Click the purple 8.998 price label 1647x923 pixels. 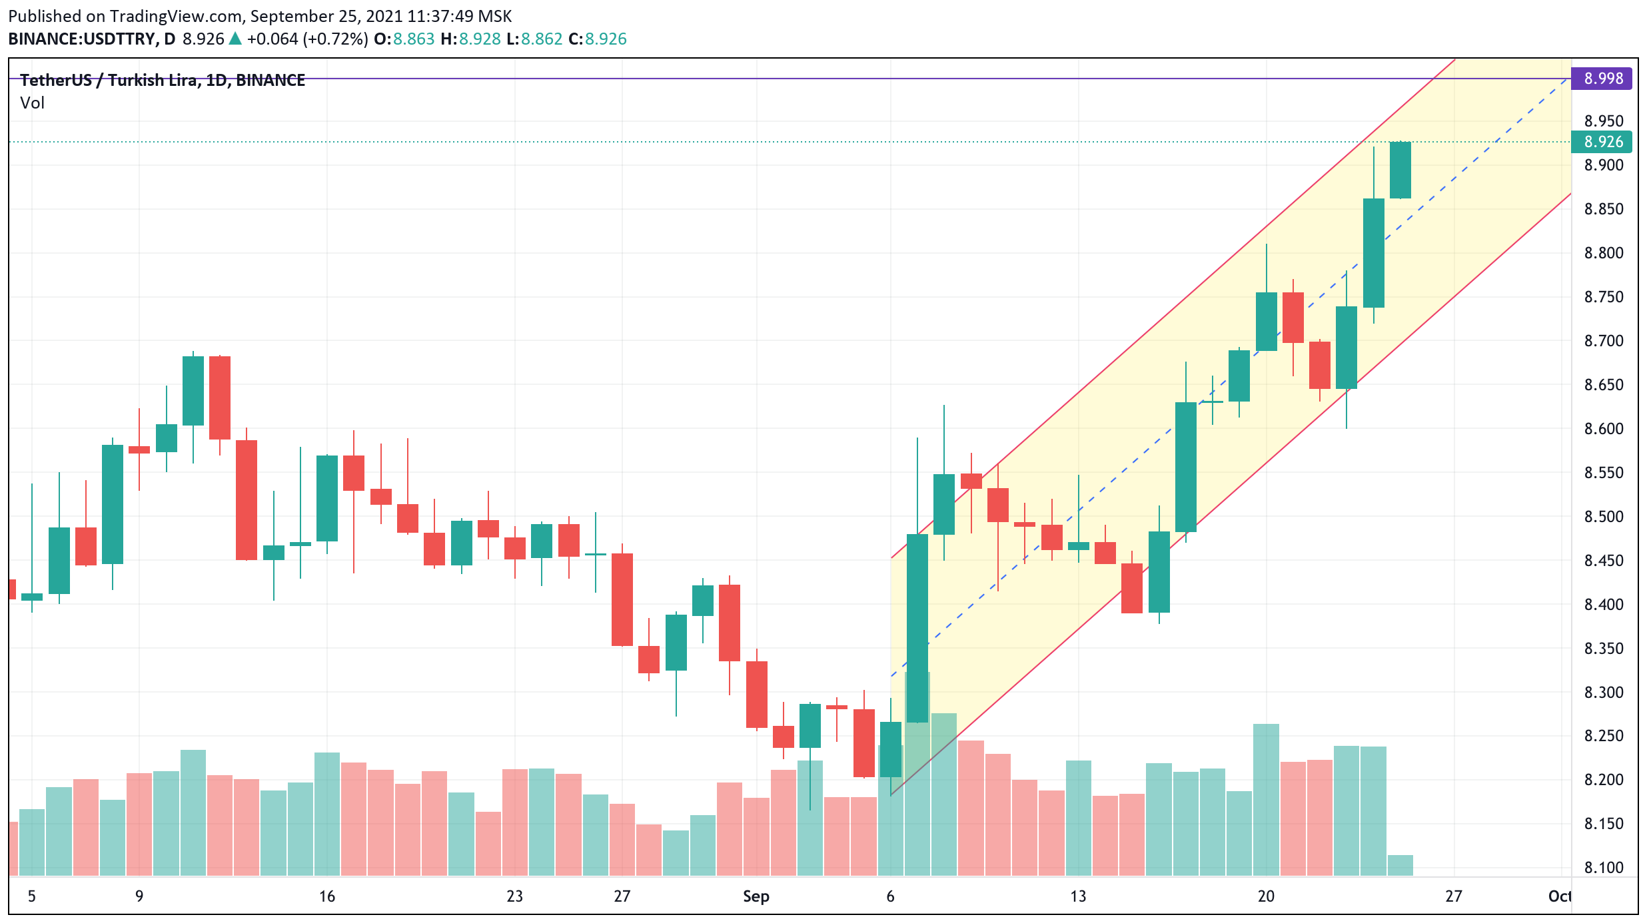pos(1602,79)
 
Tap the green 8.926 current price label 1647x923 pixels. pos(1602,142)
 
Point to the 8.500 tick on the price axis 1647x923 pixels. pos(1604,517)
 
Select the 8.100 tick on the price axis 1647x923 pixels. pos(1604,868)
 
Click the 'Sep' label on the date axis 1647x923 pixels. pos(756,896)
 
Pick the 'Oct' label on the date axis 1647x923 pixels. pos(1559,896)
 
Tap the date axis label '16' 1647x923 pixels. pos(326,896)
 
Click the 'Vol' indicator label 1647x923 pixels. pos(32,103)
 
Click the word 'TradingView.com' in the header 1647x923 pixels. pos(176,16)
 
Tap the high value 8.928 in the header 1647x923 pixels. pos(480,39)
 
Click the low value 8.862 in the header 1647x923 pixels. pos(542,39)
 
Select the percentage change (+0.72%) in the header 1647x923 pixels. pos(335,39)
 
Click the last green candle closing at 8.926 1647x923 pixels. pos(1400,170)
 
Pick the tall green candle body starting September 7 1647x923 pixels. pos(917,628)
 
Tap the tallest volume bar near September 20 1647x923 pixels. pos(1266,799)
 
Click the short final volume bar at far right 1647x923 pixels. pos(1400,865)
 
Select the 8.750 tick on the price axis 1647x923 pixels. pos(1604,297)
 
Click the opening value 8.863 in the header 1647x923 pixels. pos(414,39)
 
